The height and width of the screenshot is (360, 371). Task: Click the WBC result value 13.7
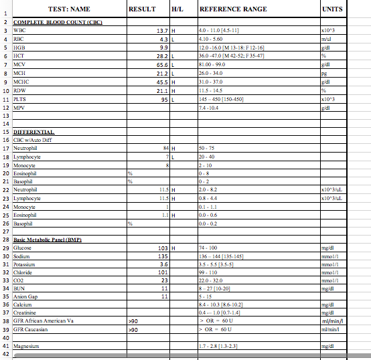pyautogui.click(x=161, y=31)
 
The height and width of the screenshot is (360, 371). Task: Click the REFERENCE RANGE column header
pyautogui.click(x=233, y=9)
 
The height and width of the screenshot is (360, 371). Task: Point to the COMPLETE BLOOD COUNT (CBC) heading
pyautogui.click(x=57, y=23)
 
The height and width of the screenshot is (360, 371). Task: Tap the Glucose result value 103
pyautogui.click(x=161, y=248)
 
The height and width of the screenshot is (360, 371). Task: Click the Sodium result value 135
pyautogui.click(x=161, y=256)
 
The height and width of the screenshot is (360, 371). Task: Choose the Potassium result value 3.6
pyautogui.click(x=163, y=264)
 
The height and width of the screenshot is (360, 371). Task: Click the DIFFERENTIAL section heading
pyautogui.click(x=33, y=132)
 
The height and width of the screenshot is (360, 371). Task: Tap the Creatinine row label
pyautogui.click(x=25, y=312)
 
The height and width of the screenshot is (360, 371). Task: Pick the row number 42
pyautogui.click(x=5, y=354)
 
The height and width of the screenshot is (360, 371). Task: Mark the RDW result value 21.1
pyautogui.click(x=161, y=90)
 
